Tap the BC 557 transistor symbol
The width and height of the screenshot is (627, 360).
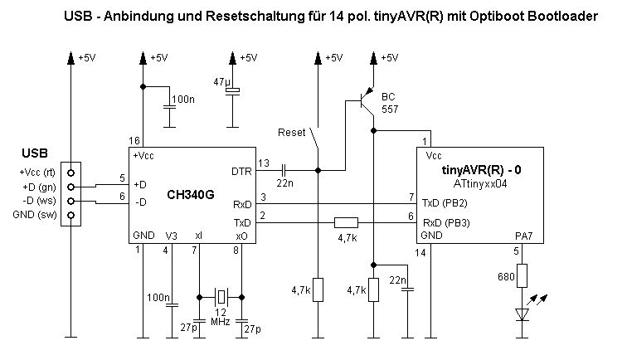click(363, 103)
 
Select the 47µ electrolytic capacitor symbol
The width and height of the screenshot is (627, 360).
click(234, 89)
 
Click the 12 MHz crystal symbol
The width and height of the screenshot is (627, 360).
click(221, 294)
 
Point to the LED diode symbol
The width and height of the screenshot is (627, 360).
click(522, 314)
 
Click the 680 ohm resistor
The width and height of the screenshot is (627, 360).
click(522, 276)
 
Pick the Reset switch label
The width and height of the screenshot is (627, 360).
click(291, 132)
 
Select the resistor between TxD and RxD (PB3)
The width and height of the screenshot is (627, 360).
click(346, 222)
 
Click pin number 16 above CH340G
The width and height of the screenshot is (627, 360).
click(134, 140)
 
